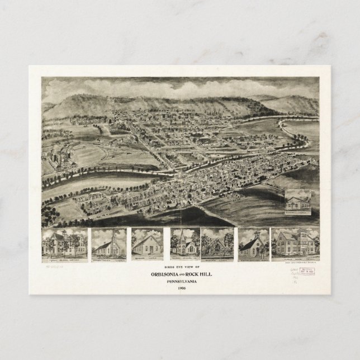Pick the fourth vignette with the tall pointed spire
click(184, 244)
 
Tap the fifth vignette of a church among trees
click(219, 244)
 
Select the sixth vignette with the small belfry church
click(253, 244)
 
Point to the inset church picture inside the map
click(300, 202)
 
